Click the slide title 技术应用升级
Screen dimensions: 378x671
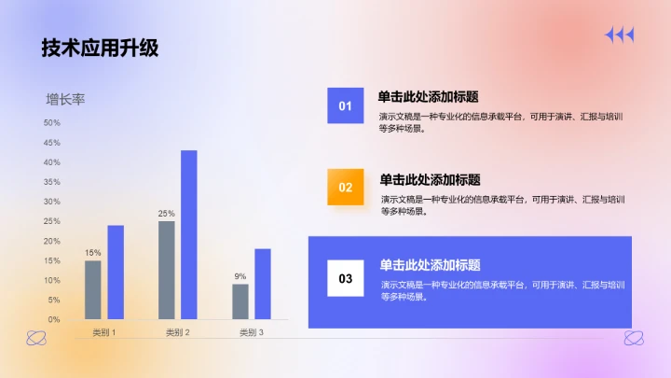tap(100, 49)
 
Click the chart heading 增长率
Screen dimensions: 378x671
tap(65, 99)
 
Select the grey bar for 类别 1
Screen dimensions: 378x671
tap(93, 289)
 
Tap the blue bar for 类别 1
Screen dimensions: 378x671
tap(116, 272)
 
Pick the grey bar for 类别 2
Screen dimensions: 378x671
tap(167, 270)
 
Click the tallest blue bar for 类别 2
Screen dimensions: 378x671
tap(189, 234)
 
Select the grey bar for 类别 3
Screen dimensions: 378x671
tap(240, 301)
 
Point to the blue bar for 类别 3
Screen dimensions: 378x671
tap(263, 284)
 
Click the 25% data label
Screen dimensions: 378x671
tap(166, 214)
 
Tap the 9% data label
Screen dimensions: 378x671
tap(240, 276)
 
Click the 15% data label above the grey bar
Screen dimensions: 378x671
tap(93, 253)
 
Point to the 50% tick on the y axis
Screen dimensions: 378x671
tap(51, 123)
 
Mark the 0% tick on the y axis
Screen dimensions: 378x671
tap(53, 319)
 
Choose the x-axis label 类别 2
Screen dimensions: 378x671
tap(177, 332)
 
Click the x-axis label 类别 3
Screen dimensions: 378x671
tap(251, 332)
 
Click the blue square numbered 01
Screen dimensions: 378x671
tap(345, 105)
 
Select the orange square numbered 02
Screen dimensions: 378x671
tap(346, 187)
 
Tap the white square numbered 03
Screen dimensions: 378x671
tap(346, 278)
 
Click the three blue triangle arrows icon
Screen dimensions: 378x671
tap(619, 35)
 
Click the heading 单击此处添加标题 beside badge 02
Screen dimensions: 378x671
tap(430, 180)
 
